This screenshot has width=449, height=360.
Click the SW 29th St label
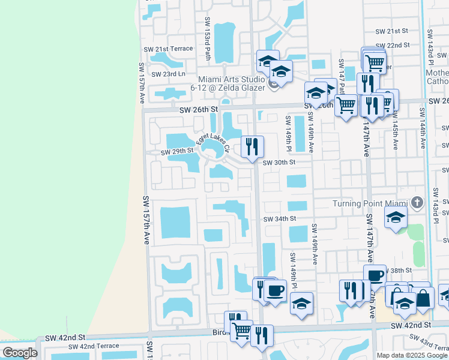pyautogui.click(x=177, y=152)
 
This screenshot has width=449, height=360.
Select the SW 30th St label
pyautogui.click(x=280, y=162)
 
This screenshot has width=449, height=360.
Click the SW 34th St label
pyautogui.click(x=280, y=219)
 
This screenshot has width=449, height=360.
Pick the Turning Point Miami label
pyautogui.click(x=370, y=204)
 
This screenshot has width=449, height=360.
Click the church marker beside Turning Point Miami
pyautogui.click(x=418, y=203)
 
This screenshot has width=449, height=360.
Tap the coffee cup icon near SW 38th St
pyautogui.click(x=375, y=276)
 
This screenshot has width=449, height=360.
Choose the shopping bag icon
pyautogui.click(x=423, y=298)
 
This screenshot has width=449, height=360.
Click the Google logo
pyautogui.click(x=20, y=353)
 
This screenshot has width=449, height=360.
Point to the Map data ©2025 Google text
pyautogui.click(x=411, y=355)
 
